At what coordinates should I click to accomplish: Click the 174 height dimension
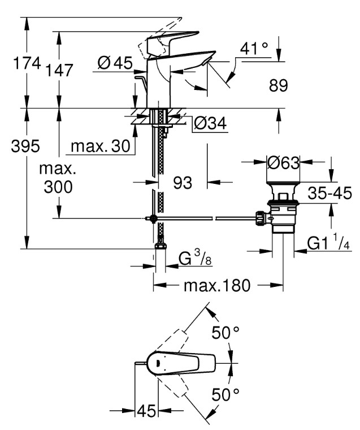click(x=27, y=63)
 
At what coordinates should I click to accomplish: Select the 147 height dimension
click(x=59, y=70)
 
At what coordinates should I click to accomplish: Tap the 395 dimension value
click(x=25, y=146)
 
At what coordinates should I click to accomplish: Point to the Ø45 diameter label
click(x=115, y=63)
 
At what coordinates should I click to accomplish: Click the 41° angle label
click(x=254, y=49)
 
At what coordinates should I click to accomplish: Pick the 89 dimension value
click(x=279, y=85)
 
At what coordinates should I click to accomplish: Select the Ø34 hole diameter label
click(x=210, y=123)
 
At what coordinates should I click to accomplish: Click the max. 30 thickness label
click(x=100, y=146)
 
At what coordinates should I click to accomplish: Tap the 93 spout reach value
click(x=183, y=182)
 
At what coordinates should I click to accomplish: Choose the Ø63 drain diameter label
click(x=283, y=163)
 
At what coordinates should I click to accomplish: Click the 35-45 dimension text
click(x=330, y=193)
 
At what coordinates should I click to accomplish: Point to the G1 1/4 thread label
click(x=328, y=242)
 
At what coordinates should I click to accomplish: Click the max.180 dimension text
click(x=217, y=286)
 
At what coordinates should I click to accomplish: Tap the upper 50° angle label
click(x=225, y=333)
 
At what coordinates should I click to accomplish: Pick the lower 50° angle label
click(x=225, y=395)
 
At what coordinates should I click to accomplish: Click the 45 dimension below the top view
click(x=146, y=411)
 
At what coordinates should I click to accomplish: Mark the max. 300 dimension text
click(x=58, y=178)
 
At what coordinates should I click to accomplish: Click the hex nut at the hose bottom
click(x=161, y=246)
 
